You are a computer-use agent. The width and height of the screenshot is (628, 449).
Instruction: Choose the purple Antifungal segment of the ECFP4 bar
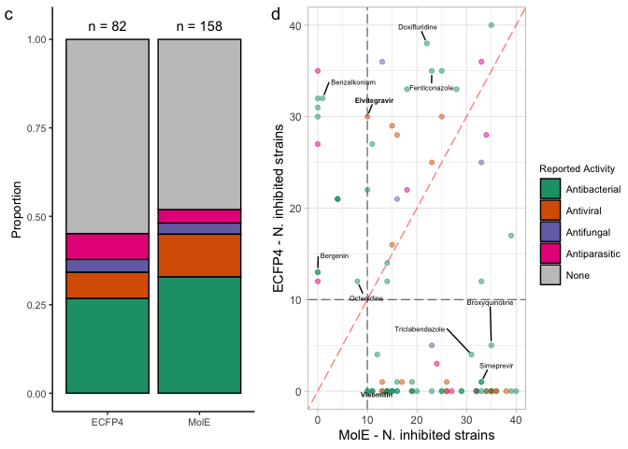pyautogui.click(x=107, y=266)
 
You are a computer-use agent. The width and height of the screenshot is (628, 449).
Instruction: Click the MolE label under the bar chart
pyautogui.click(x=199, y=423)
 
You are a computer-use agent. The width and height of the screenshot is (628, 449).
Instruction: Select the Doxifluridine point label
pyautogui.click(x=418, y=27)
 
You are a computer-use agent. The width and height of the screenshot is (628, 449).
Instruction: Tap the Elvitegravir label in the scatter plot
pyautogui.click(x=374, y=100)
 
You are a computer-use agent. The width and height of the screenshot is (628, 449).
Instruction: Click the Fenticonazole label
pyautogui.click(x=433, y=88)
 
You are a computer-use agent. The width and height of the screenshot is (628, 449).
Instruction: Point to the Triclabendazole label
pyautogui.click(x=419, y=329)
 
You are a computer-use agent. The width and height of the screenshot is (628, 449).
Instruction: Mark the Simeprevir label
pyautogui.click(x=495, y=366)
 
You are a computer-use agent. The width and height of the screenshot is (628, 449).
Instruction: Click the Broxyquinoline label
pyautogui.click(x=490, y=303)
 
